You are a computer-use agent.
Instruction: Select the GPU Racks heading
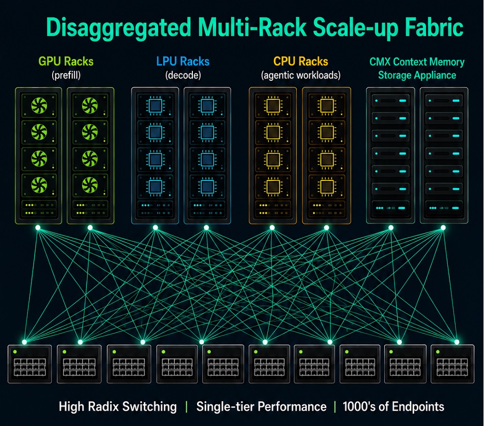point(66,62)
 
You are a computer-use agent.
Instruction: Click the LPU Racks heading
point(183,62)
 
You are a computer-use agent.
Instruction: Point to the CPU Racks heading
point(300,62)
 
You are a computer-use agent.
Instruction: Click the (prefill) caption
point(66,75)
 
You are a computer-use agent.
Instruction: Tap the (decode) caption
point(183,75)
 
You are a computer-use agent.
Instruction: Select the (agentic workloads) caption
point(300,75)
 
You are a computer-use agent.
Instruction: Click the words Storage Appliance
point(417,75)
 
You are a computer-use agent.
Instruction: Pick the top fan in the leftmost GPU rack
point(39,105)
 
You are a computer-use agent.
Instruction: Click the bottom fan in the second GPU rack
point(90,185)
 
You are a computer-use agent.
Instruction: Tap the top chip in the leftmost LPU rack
point(155,106)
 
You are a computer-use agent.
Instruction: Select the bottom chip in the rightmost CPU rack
point(327,186)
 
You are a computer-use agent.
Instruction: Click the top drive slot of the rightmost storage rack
point(444,101)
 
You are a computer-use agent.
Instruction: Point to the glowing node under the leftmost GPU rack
point(38,228)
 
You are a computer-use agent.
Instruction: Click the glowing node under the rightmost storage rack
point(443,228)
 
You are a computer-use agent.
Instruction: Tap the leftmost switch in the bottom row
point(29,364)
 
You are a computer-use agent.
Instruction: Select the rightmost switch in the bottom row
point(452,364)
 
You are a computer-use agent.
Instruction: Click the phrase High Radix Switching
point(117,406)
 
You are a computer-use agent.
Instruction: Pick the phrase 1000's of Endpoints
point(393,406)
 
